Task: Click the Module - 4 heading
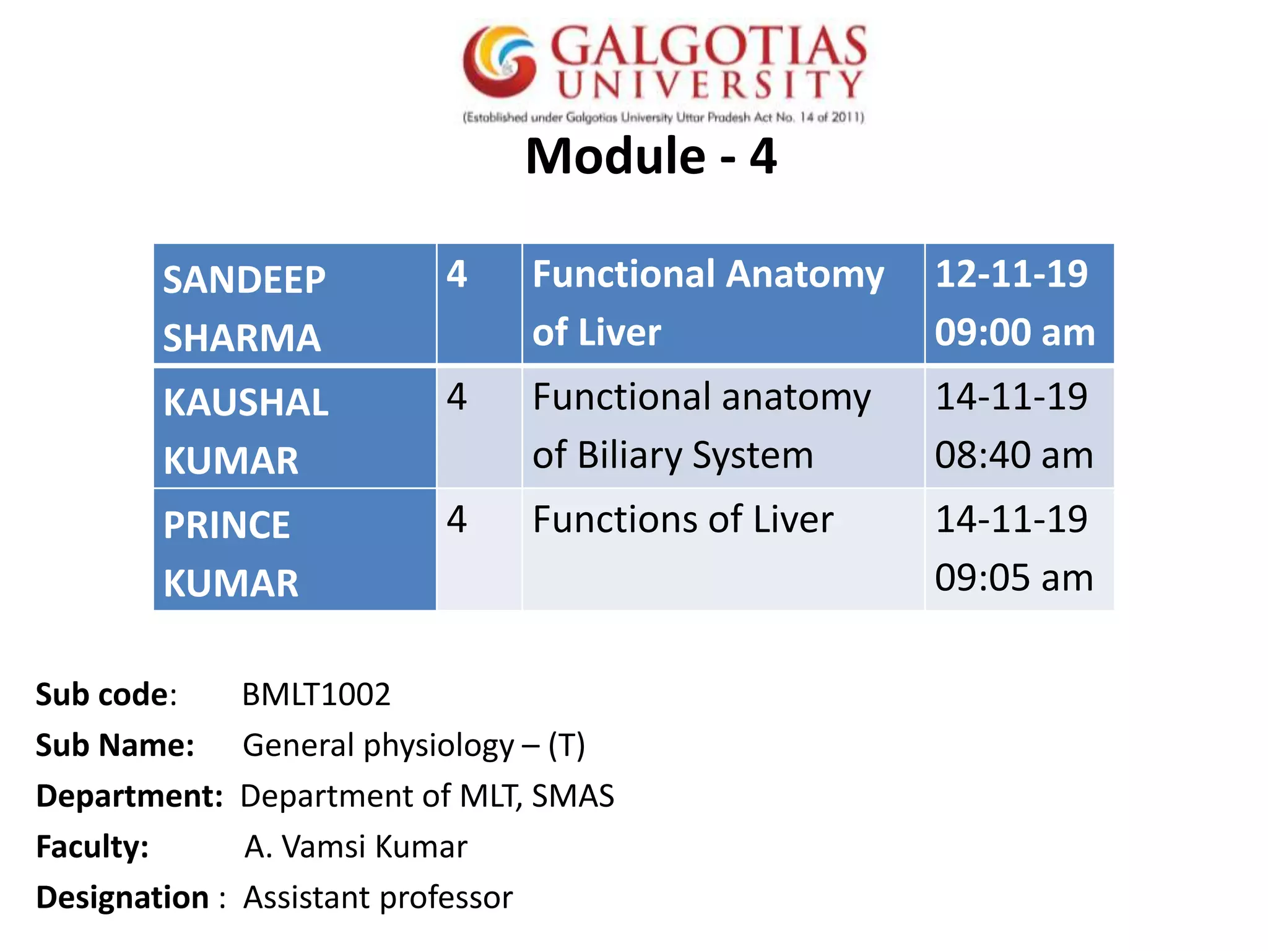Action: [651, 156]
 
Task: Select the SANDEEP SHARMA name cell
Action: [295, 305]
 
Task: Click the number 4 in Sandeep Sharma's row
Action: [457, 274]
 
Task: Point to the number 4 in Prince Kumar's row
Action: [457, 519]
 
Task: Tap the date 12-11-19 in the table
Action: [1010, 274]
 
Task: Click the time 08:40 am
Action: [1014, 456]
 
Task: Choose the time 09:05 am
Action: [1014, 578]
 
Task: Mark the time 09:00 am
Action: [1014, 333]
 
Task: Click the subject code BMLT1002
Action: [316, 695]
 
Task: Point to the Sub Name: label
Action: [115, 745]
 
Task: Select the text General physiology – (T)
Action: [414, 745]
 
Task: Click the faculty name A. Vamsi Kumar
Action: [355, 847]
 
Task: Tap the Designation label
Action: [123, 898]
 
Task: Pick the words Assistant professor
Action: [378, 898]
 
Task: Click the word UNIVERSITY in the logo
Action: [710, 85]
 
